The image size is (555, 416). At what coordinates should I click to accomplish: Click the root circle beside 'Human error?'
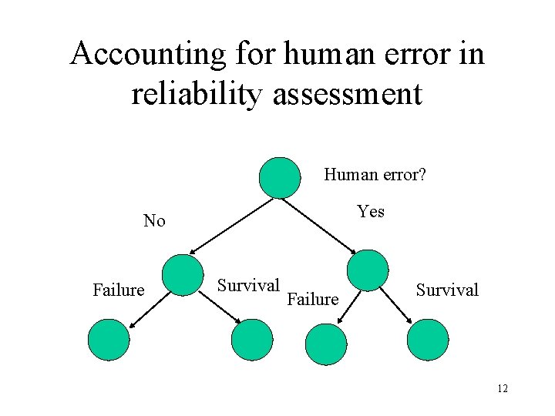pos(279,178)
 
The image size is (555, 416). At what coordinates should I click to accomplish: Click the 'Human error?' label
pos(375,175)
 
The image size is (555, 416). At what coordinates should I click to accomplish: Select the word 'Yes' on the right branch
pos(371,211)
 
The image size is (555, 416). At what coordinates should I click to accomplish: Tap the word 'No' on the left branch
pos(154,221)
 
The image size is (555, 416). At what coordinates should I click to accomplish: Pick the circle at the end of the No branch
pos(183,275)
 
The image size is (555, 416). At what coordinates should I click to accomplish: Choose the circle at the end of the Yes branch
pos(368,270)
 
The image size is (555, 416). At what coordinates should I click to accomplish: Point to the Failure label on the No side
pos(118,290)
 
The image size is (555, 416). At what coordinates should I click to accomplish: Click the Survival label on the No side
pos(247,285)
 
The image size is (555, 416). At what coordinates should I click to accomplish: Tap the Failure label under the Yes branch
pos(312,299)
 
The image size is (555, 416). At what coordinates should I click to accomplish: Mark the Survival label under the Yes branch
pos(447,290)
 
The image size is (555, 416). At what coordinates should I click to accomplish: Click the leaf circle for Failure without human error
pos(109,341)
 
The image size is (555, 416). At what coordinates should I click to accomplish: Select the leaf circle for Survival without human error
pos(252,340)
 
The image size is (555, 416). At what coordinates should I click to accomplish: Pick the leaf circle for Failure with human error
pos(326,344)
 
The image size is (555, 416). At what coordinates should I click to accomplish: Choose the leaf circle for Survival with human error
pos(428,340)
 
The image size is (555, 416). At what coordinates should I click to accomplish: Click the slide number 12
pos(502,389)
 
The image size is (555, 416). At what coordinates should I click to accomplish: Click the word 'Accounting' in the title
pos(146,54)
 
